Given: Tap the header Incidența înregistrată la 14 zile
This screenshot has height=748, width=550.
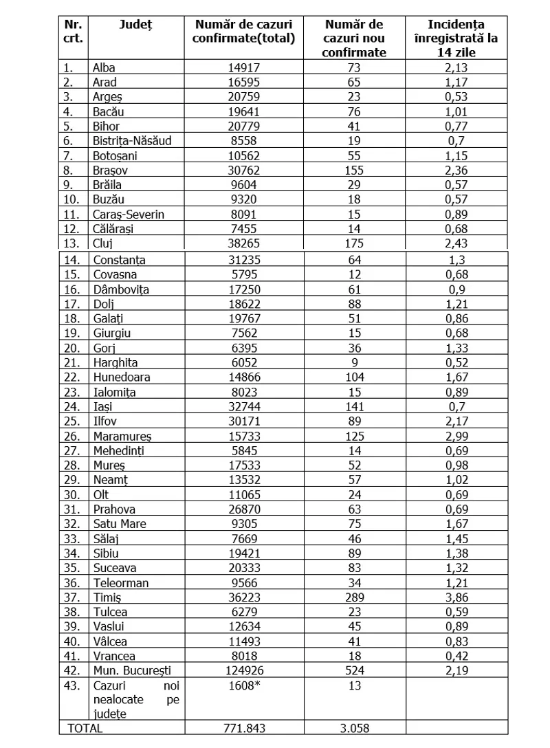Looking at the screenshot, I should pyautogui.click(x=456, y=38).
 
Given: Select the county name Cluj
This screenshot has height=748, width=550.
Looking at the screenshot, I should pyautogui.click(x=102, y=243).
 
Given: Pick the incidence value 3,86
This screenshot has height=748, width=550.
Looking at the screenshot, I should pyautogui.click(x=456, y=597).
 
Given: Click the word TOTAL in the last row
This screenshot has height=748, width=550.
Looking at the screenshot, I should pyautogui.click(x=85, y=728).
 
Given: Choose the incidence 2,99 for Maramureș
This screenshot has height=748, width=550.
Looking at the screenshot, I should pyautogui.click(x=456, y=437).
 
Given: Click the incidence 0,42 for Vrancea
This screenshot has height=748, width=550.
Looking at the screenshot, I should pyautogui.click(x=456, y=656).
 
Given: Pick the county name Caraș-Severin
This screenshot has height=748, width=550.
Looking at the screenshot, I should pyautogui.click(x=129, y=214).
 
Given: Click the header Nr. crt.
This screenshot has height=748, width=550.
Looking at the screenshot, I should pyautogui.click(x=74, y=32).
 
